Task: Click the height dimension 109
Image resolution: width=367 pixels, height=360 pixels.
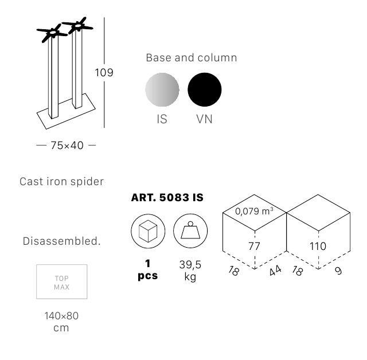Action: click(x=104, y=72)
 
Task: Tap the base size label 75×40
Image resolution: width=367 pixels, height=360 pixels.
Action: click(x=67, y=145)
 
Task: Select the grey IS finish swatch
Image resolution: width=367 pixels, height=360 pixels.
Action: click(x=162, y=89)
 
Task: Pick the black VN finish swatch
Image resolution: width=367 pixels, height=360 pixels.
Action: click(x=205, y=89)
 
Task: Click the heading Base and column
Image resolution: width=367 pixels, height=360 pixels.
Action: click(x=192, y=58)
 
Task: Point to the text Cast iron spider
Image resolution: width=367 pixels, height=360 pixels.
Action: click(x=61, y=182)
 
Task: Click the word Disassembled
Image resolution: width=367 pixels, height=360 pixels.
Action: click(x=61, y=241)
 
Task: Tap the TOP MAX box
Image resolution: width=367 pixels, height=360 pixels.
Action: click(x=62, y=281)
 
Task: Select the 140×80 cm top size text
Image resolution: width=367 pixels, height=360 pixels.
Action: click(x=61, y=322)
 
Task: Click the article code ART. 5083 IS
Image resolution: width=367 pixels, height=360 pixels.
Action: click(x=167, y=198)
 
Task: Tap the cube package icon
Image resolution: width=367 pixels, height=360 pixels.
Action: click(x=148, y=231)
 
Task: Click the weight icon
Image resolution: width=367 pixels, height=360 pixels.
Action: click(x=190, y=231)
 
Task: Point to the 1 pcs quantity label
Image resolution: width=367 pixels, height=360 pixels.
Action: click(x=148, y=269)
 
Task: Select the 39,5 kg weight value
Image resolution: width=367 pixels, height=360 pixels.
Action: click(x=190, y=271)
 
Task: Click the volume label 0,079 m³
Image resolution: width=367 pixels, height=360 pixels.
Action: click(x=254, y=211)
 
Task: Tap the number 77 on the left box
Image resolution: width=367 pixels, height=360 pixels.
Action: click(x=254, y=246)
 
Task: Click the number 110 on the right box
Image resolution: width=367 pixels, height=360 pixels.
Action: click(x=318, y=246)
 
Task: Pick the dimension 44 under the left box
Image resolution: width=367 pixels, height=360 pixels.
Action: click(x=275, y=271)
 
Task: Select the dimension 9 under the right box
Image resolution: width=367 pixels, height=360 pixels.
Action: click(x=338, y=271)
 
